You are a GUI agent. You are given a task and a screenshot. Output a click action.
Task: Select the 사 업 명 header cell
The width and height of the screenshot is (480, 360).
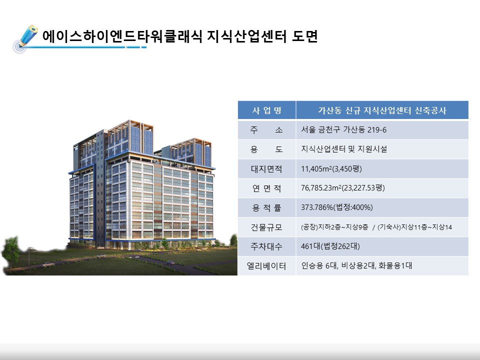[266, 110]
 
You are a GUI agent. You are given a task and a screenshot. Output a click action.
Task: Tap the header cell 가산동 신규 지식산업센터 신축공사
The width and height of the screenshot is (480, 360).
[382, 110]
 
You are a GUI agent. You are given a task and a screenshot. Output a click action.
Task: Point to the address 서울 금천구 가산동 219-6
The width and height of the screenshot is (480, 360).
[343, 130]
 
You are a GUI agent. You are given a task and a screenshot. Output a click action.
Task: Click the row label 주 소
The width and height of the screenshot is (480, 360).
[266, 130]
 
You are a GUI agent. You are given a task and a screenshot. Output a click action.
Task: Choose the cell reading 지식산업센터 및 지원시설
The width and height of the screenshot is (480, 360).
[344, 149]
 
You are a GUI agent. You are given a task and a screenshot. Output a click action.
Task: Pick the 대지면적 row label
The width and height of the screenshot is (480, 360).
[266, 168]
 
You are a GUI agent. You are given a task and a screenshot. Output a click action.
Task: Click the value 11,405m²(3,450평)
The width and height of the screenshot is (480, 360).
[331, 168]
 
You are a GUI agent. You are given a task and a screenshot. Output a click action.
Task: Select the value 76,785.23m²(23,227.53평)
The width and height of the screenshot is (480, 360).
[343, 187]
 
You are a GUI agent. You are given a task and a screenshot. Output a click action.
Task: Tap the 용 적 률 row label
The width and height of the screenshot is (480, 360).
[266, 208]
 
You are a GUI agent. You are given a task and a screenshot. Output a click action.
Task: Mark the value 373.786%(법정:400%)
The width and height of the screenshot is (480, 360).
[336, 207]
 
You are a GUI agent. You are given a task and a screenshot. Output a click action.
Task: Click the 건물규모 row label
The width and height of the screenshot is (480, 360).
[266, 227]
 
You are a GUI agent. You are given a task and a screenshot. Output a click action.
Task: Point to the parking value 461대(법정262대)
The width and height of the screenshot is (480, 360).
[330, 246]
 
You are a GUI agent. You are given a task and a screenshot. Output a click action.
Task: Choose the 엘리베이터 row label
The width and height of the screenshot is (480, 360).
[266, 266]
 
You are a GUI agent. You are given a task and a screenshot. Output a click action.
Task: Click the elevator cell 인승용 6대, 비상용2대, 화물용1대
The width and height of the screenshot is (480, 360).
[356, 265]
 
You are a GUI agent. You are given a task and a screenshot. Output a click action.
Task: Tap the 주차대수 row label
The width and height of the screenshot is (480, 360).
[266, 246]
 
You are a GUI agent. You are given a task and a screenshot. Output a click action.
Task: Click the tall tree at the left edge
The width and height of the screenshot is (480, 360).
[11, 251]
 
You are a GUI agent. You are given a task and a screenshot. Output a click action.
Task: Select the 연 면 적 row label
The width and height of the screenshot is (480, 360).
[266, 188]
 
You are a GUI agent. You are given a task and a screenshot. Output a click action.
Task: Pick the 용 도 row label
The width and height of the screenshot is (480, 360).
[266, 149]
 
